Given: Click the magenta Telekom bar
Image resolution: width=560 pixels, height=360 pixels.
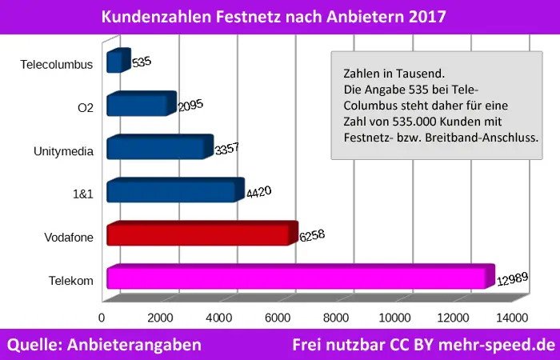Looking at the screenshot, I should point(296,278).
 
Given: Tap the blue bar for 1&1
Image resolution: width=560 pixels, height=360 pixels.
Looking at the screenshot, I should point(172,192).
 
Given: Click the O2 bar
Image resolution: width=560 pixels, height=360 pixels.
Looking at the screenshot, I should point(138,105).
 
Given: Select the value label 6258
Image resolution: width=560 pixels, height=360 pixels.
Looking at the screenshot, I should point(312,236).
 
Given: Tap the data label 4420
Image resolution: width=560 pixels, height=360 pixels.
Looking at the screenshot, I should point(258,192).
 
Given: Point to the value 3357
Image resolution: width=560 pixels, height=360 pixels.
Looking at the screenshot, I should point(226,149).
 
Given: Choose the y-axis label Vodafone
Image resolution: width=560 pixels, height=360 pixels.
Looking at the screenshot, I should point(70,237).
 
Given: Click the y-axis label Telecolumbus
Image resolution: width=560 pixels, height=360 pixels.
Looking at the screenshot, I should point(59,64).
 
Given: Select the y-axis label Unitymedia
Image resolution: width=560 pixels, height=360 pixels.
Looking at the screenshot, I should point(64,150).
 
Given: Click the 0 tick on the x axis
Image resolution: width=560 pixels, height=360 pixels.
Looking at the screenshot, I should point(102,318).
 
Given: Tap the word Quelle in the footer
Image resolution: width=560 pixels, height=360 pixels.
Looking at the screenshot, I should point(35,345).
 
